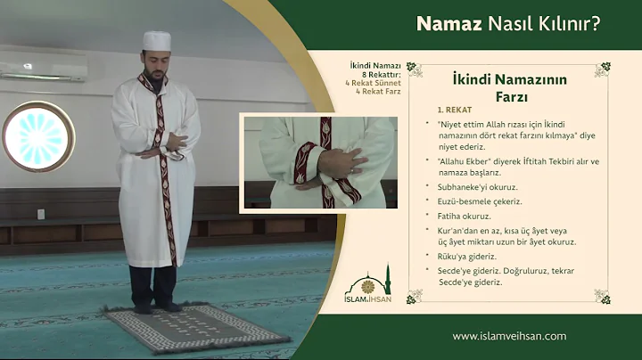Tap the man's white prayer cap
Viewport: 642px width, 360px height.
pyautogui.click(x=156, y=41)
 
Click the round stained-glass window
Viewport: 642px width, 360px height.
pyautogui.click(x=37, y=136)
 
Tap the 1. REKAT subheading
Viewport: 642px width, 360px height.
pyautogui.click(x=454, y=109)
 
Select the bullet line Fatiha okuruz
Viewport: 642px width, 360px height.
pyautogui.click(x=465, y=216)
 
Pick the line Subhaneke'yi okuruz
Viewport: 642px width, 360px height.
pyautogui.click(x=478, y=187)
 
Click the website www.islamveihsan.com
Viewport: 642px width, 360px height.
pyautogui.click(x=509, y=336)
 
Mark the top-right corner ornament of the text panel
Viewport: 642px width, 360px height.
pyautogui.click(x=603, y=69)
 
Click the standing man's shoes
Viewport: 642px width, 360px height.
pyautogui.click(x=156, y=307)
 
